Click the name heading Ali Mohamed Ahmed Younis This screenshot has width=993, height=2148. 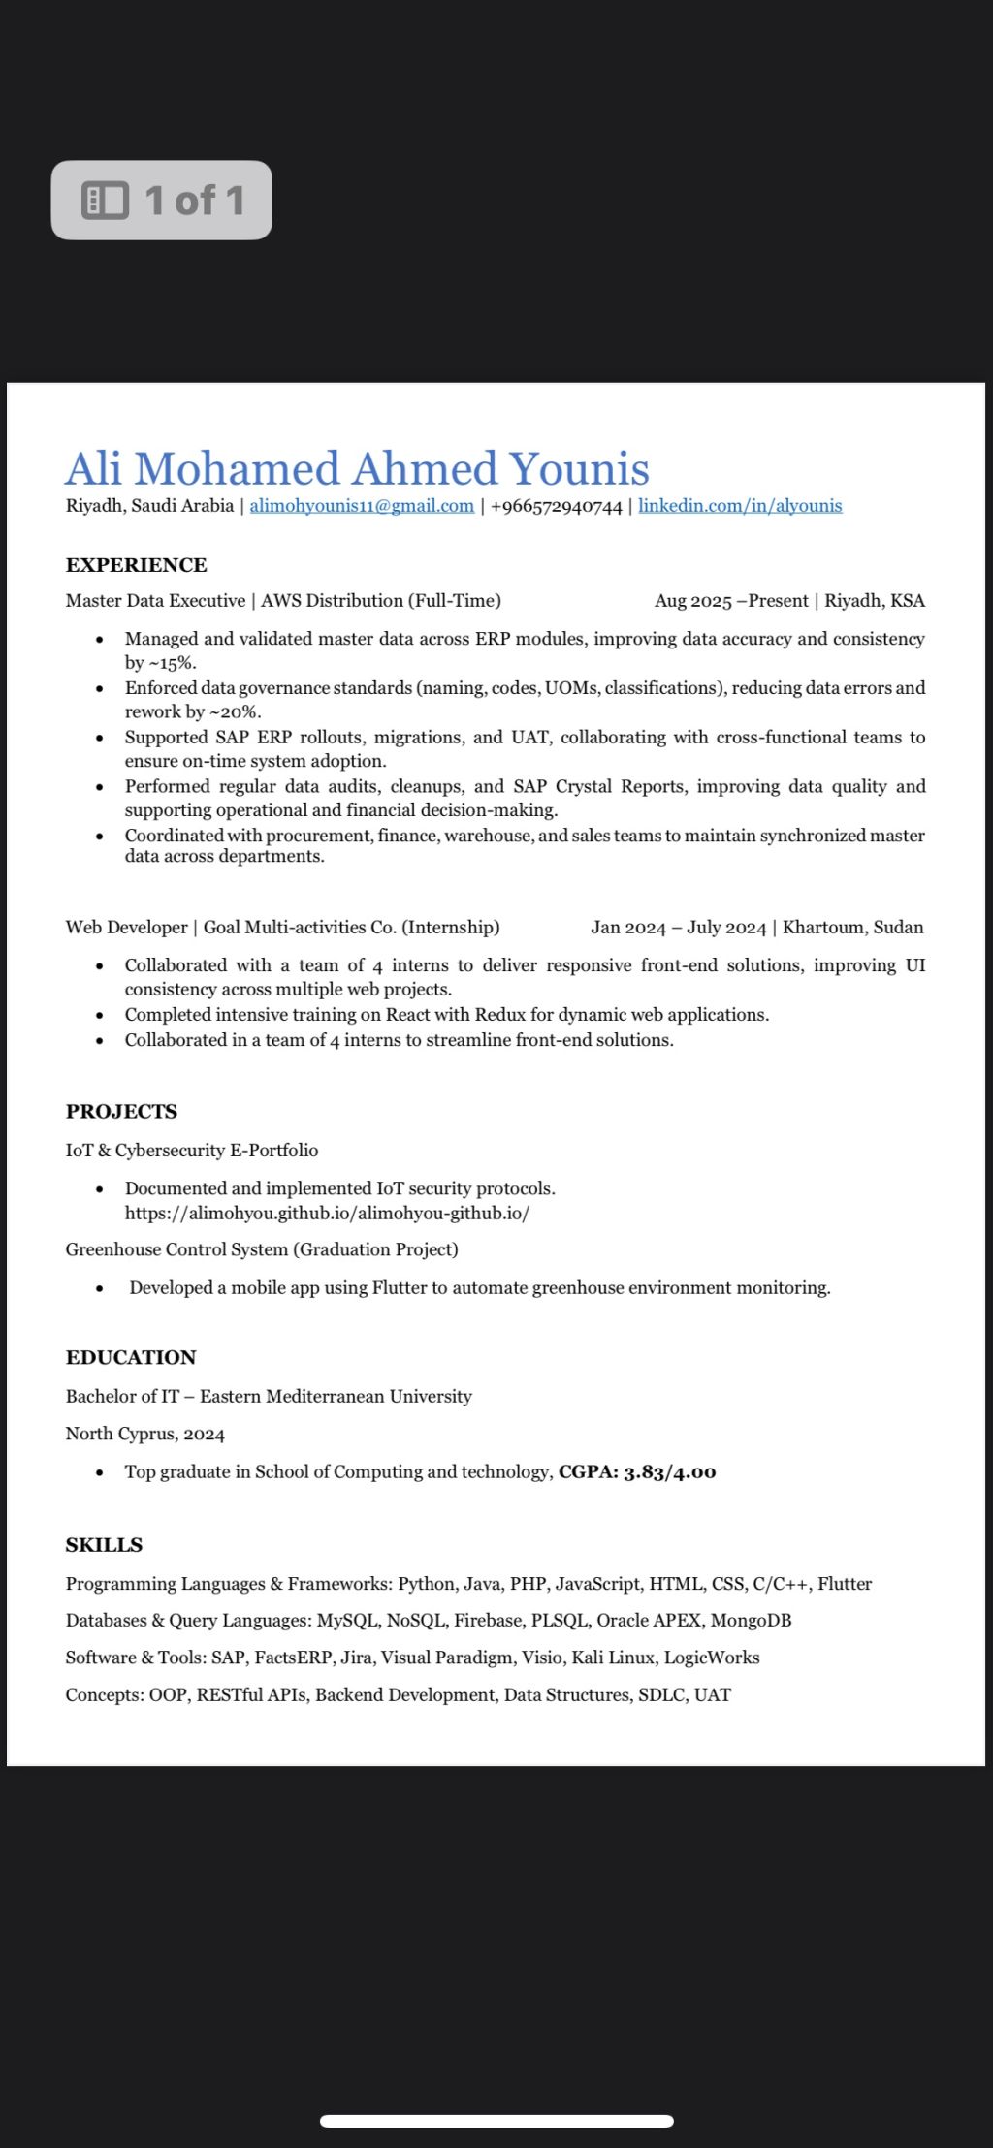click(357, 469)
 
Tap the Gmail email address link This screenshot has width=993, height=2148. click(362, 506)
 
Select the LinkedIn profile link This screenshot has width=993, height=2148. click(740, 506)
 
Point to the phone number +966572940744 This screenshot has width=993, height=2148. click(557, 507)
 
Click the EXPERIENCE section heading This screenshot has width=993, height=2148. click(137, 565)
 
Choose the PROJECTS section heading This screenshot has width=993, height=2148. click(121, 1112)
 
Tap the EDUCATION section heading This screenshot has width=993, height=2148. click(131, 1357)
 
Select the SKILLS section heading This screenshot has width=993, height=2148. click(104, 1545)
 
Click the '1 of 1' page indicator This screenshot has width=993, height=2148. click(162, 201)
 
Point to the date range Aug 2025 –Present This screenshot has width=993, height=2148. click(731, 601)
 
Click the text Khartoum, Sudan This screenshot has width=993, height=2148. click(853, 928)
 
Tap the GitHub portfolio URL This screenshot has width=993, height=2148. click(327, 1213)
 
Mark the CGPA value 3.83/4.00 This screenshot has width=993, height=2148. click(669, 1472)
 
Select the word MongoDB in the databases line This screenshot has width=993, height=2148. click(751, 1621)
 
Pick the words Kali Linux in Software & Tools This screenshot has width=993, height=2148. click(613, 1658)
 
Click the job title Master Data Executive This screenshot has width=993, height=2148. click(155, 601)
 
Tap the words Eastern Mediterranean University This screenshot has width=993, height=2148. click(336, 1397)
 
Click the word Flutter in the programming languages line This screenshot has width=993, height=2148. click(845, 1584)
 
